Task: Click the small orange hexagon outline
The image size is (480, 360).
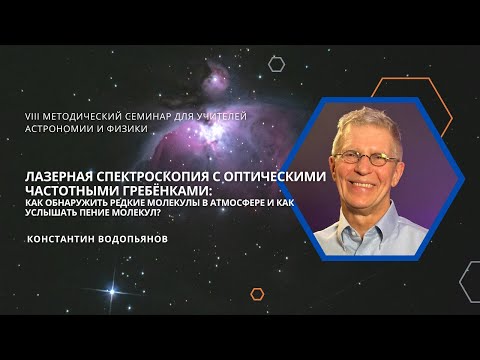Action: point(257,294)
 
